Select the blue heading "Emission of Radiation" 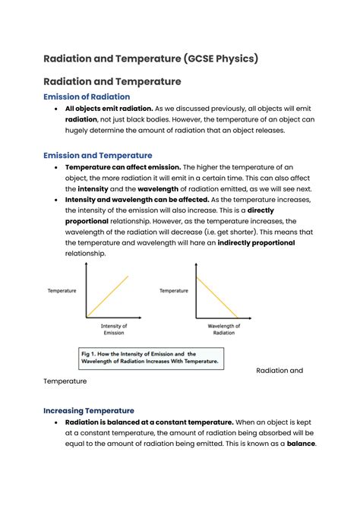pos(87,96)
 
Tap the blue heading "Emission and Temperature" pos(97,155)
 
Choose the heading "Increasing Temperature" pos(89,410)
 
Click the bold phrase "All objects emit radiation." pos(109,109)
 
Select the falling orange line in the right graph pos(219,296)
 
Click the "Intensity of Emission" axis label pos(114,329)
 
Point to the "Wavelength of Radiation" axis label pos(224,329)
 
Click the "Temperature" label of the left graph pos(62,290)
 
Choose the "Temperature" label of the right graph pos(173,290)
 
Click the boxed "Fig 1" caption pos(150,358)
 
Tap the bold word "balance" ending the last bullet pos(300,444)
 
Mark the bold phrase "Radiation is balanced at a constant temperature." pos(149,422)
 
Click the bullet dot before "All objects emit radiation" pos(57,109)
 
